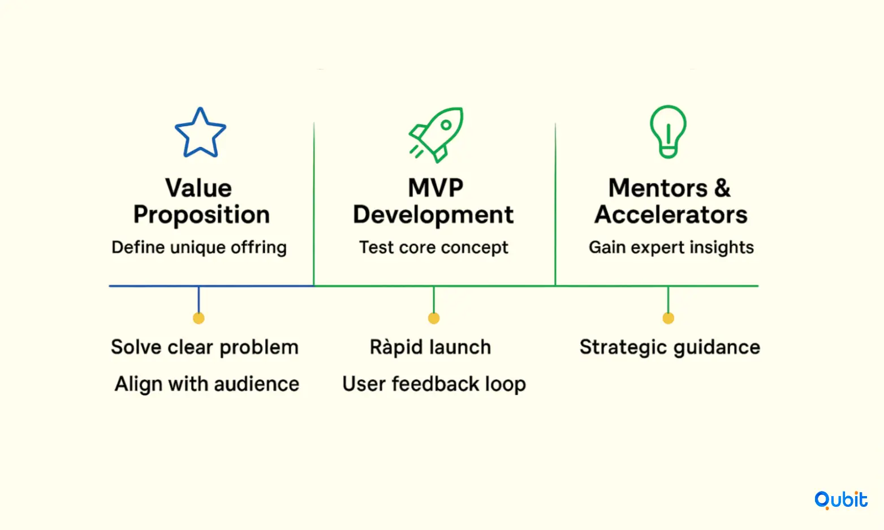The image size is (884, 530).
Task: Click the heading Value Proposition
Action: (201, 201)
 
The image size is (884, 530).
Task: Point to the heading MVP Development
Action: (433, 201)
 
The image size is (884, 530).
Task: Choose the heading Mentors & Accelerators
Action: (671, 201)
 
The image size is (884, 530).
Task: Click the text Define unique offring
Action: (199, 248)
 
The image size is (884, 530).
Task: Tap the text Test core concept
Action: (433, 247)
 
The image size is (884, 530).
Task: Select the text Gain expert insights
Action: (671, 248)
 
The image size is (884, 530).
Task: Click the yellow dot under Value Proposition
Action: (199, 318)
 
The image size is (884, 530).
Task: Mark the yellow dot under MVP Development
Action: (434, 318)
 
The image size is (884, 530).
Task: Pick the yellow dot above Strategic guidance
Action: (668, 318)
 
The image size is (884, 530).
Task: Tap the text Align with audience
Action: (207, 384)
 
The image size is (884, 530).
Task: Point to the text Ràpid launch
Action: (430, 347)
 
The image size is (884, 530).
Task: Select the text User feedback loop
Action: (434, 384)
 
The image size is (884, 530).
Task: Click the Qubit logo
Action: (841, 500)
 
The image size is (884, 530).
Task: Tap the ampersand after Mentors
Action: (722, 188)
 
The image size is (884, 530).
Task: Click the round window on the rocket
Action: (446, 125)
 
